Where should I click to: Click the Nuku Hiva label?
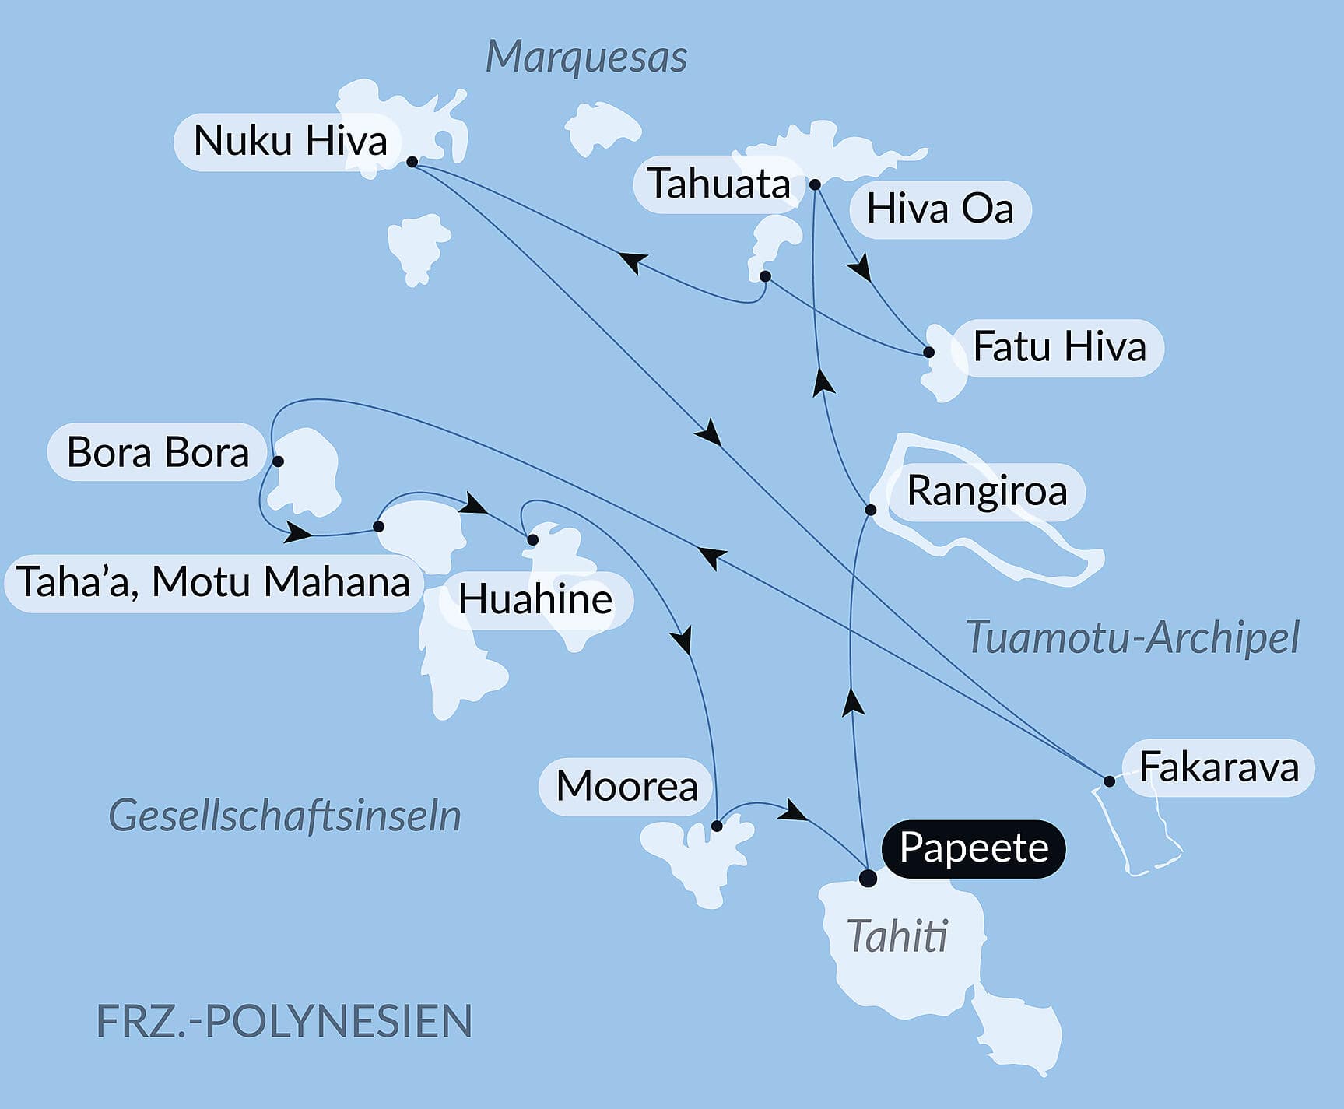pyautogui.click(x=290, y=142)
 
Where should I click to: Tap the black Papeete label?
pyautogui.click(x=973, y=848)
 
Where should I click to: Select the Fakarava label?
pyautogui.click(x=1218, y=767)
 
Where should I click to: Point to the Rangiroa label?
pyautogui.click(x=986, y=492)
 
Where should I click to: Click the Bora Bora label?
pyautogui.click(x=158, y=452)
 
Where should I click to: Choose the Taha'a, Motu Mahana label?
pyautogui.click(x=213, y=582)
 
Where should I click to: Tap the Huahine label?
pyautogui.click(x=535, y=600)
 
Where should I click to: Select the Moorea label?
pyautogui.click(x=626, y=786)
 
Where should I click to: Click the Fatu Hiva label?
pyautogui.click(x=1059, y=347)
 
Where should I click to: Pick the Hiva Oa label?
pyautogui.click(x=940, y=209)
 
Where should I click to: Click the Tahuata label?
pyautogui.click(x=718, y=184)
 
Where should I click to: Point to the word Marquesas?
pyautogui.click(x=586, y=57)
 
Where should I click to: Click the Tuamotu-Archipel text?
pyautogui.click(x=1132, y=638)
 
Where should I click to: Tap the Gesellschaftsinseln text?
pyautogui.click(x=285, y=816)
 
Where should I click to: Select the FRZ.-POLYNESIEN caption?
pyautogui.click(x=284, y=1021)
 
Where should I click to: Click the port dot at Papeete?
pyautogui.click(x=868, y=879)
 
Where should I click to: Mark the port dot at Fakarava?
pyautogui.click(x=1109, y=781)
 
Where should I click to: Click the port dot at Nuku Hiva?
pyautogui.click(x=412, y=162)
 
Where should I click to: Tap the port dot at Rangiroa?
pyautogui.click(x=871, y=510)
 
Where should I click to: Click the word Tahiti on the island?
pyautogui.click(x=897, y=936)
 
